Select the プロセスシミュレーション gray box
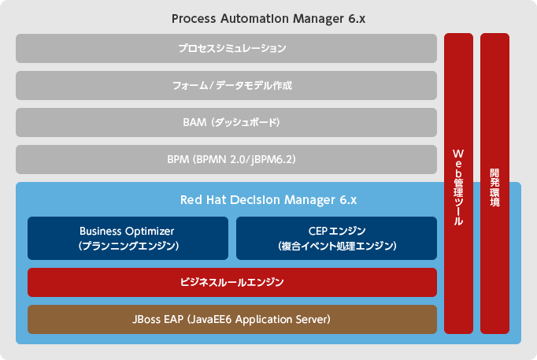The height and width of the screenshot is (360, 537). tap(226, 48)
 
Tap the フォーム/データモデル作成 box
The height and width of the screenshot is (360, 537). tap(226, 85)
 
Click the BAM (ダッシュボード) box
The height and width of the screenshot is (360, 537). tap(226, 122)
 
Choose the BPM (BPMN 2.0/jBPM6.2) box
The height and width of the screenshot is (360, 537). tap(226, 159)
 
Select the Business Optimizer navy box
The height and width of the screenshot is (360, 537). tap(128, 238)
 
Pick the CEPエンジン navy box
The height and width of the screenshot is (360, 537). tap(336, 238)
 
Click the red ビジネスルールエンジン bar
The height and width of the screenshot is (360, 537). tap(231, 282)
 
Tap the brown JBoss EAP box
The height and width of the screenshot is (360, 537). tap(231, 319)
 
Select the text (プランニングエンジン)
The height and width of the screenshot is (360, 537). tap(128, 246)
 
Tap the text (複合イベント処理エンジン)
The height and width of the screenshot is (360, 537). tap(337, 246)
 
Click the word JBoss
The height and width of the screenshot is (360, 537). tap(150, 319)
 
